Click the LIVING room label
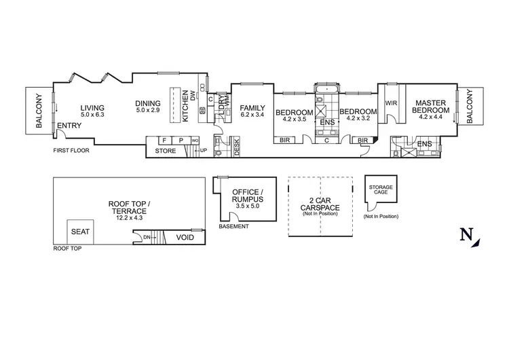pyautogui.click(x=92, y=107)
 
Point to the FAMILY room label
pyautogui.click(x=252, y=107)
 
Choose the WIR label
pyautogui.click(x=390, y=103)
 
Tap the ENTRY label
pyautogui.click(x=70, y=125)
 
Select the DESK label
pyautogui.click(x=237, y=148)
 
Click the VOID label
pyautogui.click(x=185, y=237)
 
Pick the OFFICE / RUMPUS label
pyautogui.click(x=246, y=196)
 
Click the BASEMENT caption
pyautogui.click(x=233, y=226)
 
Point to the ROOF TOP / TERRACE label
pyautogui.click(x=128, y=207)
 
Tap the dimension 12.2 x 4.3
pyautogui.click(x=128, y=219)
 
